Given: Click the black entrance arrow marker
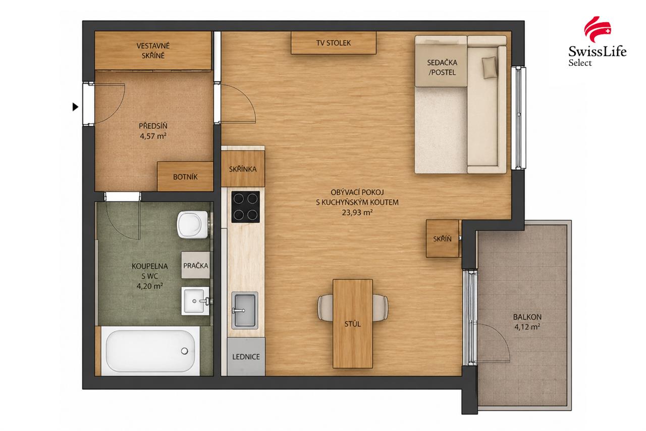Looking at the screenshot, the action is pos(75,107).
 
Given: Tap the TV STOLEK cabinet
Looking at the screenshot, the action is pos(334,43).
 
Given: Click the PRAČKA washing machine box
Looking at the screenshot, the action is pos(195,265).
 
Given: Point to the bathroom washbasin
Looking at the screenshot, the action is pos(195,301).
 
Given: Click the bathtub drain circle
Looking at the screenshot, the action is pos(185,351).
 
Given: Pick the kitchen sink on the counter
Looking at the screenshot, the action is pos(245,311).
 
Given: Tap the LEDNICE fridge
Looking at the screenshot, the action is pos(246,357).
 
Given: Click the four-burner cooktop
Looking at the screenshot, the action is pos(245,207).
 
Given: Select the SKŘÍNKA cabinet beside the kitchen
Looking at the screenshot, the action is pos(243,169).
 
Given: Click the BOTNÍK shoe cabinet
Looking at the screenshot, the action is pos(185,176).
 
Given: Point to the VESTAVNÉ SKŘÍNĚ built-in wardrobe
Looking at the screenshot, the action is pos(153,51).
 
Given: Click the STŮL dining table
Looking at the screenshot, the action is pos(353,323).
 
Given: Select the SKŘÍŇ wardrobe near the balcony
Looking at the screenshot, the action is pos(443,238).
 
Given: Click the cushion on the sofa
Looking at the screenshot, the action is pos(490,67).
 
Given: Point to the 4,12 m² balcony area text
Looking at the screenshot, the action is pos(527,327).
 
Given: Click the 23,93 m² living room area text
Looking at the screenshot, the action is pos(357,213).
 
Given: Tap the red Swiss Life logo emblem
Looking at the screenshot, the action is pos(597,29).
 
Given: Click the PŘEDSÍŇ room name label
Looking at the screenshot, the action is pos(153,126).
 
